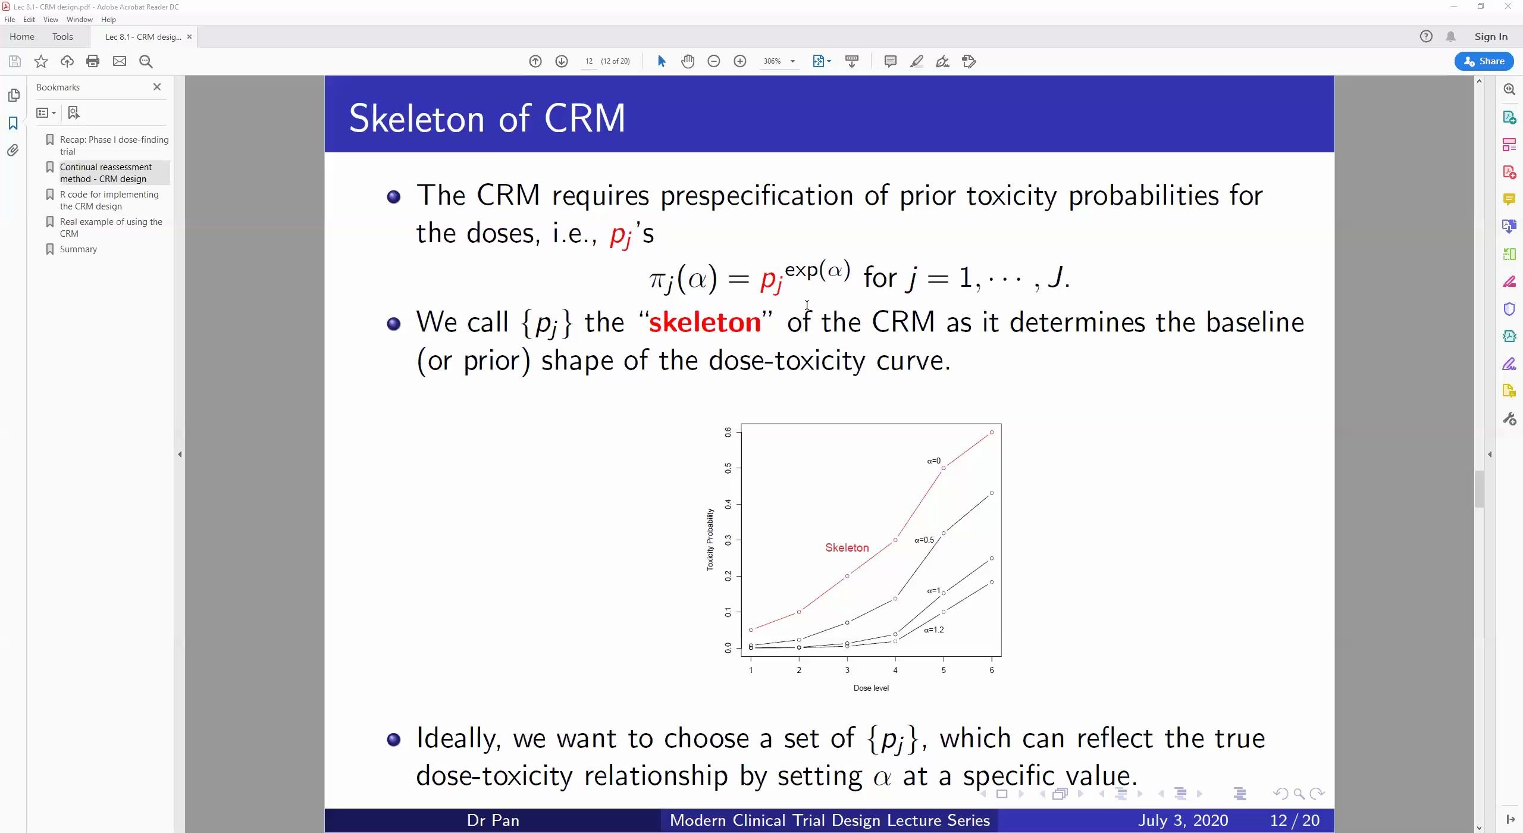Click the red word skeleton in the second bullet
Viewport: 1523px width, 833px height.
pos(705,322)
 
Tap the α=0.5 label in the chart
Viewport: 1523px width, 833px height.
pos(924,540)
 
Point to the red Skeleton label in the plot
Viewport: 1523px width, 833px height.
pos(847,547)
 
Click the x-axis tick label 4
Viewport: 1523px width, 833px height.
pos(895,670)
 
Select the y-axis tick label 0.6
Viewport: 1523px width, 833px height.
pos(728,433)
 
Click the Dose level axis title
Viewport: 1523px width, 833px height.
pos(871,688)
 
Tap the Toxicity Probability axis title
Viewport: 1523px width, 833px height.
pos(710,540)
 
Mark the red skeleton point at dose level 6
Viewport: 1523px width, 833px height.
pos(992,432)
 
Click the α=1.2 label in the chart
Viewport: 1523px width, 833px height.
pos(934,630)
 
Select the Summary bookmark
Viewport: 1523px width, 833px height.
pos(79,249)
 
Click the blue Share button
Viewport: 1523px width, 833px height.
pos(1484,61)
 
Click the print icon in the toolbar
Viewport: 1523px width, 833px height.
pos(93,61)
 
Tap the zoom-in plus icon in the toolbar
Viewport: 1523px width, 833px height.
pos(740,61)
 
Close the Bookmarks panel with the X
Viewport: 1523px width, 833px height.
pos(157,87)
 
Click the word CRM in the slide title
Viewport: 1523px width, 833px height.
pos(585,118)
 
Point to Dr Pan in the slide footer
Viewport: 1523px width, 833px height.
pos(493,821)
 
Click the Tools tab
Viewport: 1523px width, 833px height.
pos(62,37)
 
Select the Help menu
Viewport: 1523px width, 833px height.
pos(108,20)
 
